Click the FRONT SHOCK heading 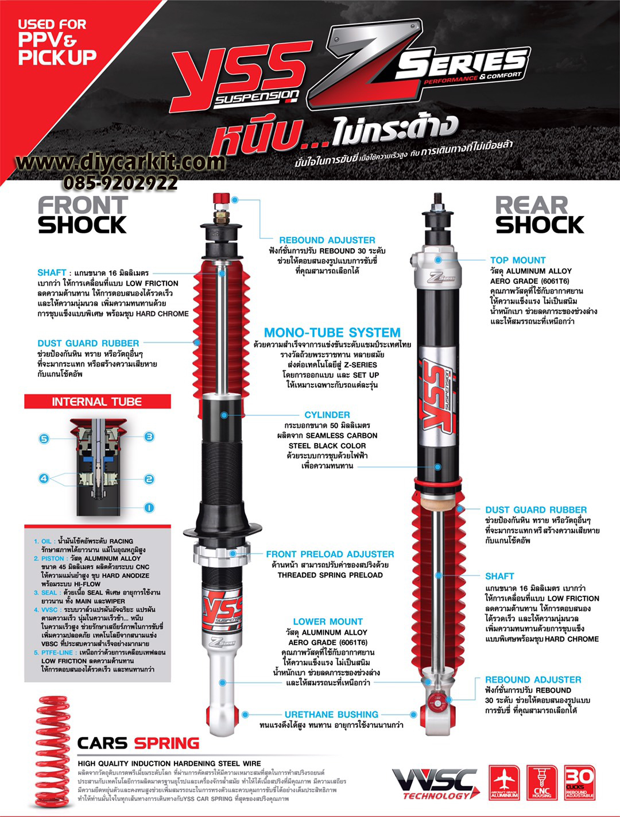click(82, 215)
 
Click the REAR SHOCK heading click(539, 215)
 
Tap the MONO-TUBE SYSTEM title click(332, 333)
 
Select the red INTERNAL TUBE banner click(97, 402)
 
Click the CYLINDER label click(327, 415)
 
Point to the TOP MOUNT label click(517, 260)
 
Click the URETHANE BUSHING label click(331, 715)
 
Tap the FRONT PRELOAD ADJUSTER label click(330, 554)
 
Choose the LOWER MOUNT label click(328, 622)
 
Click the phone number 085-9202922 click(121, 183)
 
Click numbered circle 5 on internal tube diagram click(44, 439)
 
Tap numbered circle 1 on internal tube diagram click(149, 507)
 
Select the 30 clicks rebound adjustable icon click(579, 783)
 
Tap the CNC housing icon click(541, 783)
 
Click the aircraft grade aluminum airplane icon click(504, 783)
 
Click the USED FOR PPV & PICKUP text click(56, 41)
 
